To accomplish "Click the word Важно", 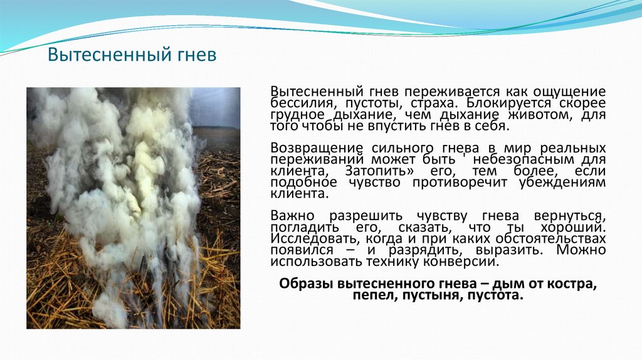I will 289,216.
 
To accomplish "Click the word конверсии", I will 459,261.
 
